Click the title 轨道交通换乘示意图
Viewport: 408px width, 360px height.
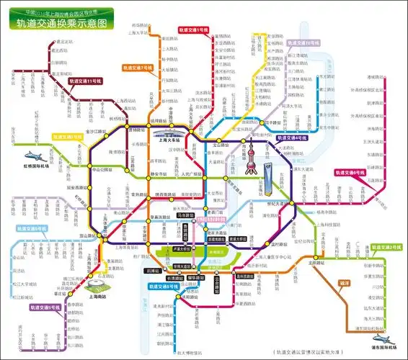pyautogui.click(x=66, y=22)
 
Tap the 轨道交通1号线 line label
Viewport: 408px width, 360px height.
pyautogui.click(x=195, y=32)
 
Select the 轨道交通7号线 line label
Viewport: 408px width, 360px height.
pyautogui.click(x=138, y=67)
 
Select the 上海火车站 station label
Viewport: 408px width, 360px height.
pyautogui.click(x=170, y=141)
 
